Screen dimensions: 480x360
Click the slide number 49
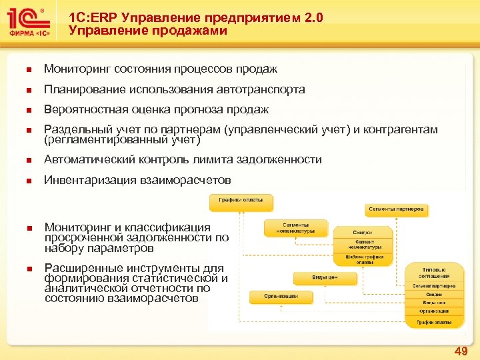[460, 351]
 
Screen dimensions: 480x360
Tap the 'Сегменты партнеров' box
[397, 209]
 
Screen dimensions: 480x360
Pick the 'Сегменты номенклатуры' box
[296, 228]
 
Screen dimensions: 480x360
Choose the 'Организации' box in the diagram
[273, 295]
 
